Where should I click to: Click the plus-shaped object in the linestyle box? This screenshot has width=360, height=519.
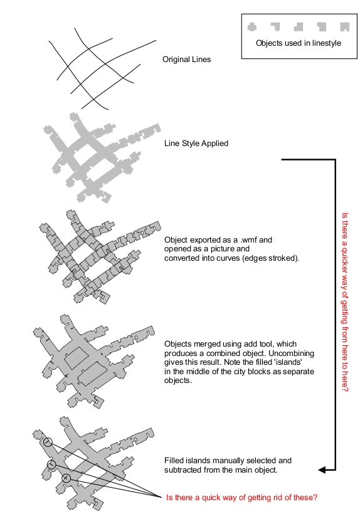pyautogui.click(x=252, y=27)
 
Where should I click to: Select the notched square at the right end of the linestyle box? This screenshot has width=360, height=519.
pyautogui.click(x=345, y=27)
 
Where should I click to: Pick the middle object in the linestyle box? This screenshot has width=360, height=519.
pyautogui.click(x=299, y=27)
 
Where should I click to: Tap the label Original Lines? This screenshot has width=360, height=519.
pyautogui.click(x=186, y=60)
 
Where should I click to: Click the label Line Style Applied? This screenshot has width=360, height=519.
pyautogui.click(x=196, y=144)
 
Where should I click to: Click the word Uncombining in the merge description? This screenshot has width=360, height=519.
pyautogui.click(x=291, y=353)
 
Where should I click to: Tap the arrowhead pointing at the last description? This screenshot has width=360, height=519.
pyautogui.click(x=322, y=469)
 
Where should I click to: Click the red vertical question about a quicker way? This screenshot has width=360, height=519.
pyautogui.click(x=345, y=302)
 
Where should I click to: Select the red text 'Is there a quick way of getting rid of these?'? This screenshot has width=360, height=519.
pyautogui.click(x=241, y=497)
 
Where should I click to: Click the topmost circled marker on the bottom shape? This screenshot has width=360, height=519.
pyautogui.click(x=48, y=442)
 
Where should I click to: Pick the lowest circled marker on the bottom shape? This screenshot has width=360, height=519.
pyautogui.click(x=66, y=478)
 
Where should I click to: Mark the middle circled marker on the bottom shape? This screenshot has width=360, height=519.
pyautogui.click(x=51, y=464)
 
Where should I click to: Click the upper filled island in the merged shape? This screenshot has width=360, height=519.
pyautogui.click(x=77, y=357)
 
